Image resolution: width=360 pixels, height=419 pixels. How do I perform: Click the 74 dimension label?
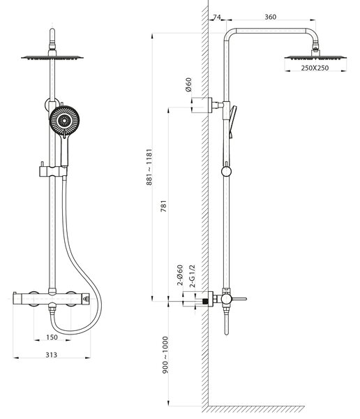(217, 17)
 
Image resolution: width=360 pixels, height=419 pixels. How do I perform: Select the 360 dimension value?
(270, 17)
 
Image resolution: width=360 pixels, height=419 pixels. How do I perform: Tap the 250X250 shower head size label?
(315, 68)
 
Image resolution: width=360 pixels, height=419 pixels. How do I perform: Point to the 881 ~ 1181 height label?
(149, 167)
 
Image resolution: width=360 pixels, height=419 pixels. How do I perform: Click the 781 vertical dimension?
(163, 206)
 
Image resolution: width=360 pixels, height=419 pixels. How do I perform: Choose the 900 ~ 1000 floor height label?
(165, 355)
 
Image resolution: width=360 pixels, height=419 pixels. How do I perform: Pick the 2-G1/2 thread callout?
(193, 276)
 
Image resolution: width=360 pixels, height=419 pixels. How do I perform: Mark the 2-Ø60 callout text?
(180, 275)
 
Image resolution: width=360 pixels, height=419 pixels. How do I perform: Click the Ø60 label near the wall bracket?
(188, 84)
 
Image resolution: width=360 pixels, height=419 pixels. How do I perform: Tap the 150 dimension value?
(52, 337)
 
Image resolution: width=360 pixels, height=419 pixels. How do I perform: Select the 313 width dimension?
(51, 355)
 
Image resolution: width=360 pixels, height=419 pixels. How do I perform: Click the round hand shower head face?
(64, 121)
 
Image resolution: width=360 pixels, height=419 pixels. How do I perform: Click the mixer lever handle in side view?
(239, 299)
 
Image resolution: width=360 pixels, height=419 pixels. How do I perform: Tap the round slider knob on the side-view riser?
(226, 171)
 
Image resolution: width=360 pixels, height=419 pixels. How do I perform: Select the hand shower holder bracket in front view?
(53, 171)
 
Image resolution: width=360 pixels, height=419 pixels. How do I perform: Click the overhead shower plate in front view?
(52, 57)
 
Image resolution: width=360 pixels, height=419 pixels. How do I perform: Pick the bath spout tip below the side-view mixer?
(227, 332)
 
